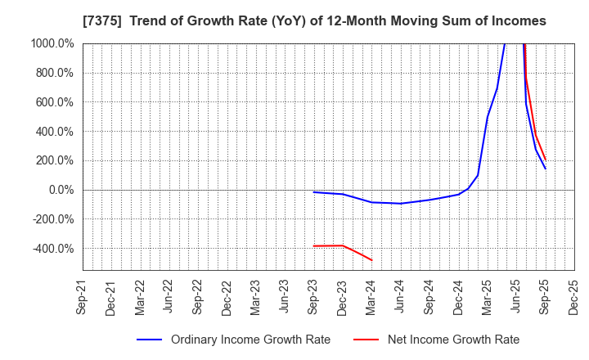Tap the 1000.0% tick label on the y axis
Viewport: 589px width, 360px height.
tap(53, 43)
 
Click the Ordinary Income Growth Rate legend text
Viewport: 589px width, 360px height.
tap(250, 340)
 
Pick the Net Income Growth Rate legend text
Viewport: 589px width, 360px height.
tap(452, 340)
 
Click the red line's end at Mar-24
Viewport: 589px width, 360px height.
tap(372, 260)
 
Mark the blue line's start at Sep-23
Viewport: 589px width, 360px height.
tap(314, 192)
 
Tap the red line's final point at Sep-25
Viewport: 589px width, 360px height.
tap(546, 160)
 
